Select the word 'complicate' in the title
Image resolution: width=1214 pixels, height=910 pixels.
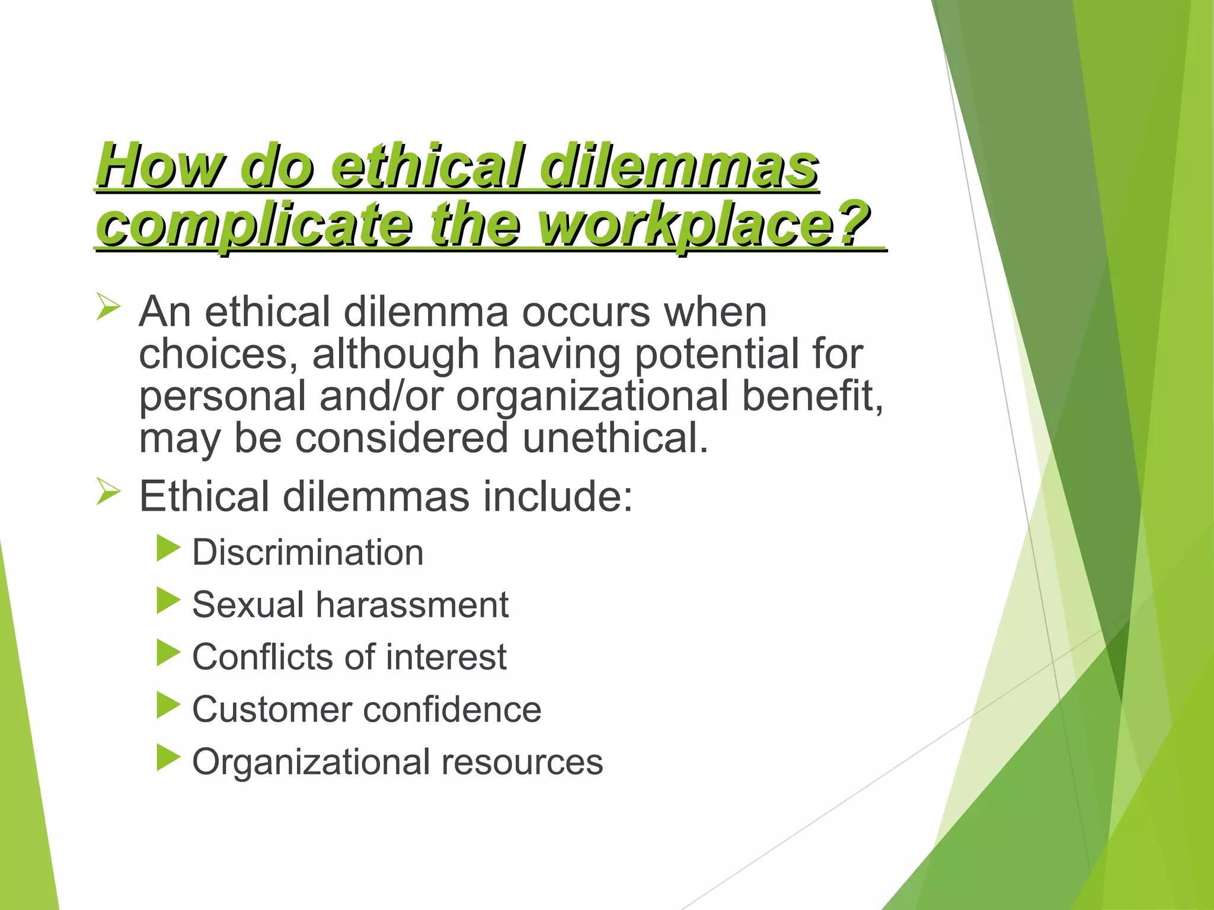click(x=254, y=223)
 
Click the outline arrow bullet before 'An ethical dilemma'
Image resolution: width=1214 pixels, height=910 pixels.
click(x=108, y=308)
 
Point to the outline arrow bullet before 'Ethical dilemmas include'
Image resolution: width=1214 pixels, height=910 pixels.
click(x=108, y=492)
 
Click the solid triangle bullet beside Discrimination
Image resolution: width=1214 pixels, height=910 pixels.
click(x=168, y=549)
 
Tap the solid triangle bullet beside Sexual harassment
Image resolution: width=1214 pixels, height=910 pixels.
click(x=168, y=601)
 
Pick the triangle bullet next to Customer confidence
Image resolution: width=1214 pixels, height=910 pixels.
click(x=168, y=706)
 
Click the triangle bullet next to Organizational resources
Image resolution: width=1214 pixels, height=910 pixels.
click(x=168, y=758)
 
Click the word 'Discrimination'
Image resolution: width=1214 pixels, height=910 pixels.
click(x=308, y=552)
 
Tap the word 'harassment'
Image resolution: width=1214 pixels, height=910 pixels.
click(x=412, y=604)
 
